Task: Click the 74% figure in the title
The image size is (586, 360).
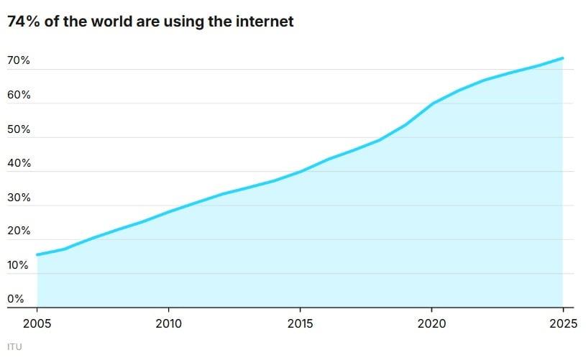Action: pos(22,22)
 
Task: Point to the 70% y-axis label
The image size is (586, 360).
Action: pos(19,60)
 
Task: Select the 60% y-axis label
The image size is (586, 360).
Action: pos(19,95)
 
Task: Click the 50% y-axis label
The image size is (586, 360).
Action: pos(19,129)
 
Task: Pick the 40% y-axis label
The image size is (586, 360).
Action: pos(19,163)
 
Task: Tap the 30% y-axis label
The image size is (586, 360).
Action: pos(19,198)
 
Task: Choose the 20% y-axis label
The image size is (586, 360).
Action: pos(19,231)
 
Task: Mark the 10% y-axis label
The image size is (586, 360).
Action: pos(19,265)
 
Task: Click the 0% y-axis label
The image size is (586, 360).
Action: pos(16,299)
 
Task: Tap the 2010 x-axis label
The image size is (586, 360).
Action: pos(168,323)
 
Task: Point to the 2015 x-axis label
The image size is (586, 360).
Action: pos(300,323)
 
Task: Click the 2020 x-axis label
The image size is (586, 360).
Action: pos(431,323)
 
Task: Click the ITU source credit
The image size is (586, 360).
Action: pos(14,346)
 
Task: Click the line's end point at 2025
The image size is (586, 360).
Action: pos(562,58)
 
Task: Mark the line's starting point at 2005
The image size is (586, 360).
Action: pos(37,254)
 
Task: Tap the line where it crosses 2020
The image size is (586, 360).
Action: pos(431,103)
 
